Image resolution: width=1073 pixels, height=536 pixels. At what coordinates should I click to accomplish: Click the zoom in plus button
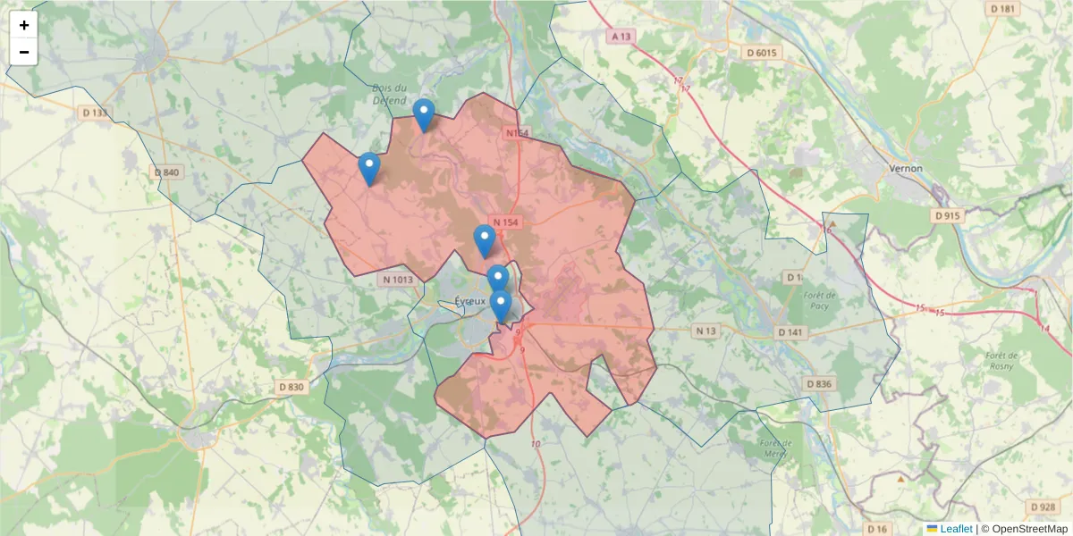click(24, 26)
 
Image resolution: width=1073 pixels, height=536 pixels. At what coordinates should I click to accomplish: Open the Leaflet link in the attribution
click(955, 529)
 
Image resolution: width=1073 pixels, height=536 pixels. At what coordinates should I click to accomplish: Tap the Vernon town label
click(906, 168)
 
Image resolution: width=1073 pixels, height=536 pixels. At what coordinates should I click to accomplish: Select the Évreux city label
click(469, 301)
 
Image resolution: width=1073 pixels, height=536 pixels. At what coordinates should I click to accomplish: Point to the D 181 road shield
click(1003, 9)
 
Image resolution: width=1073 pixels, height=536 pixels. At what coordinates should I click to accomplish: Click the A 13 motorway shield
click(621, 37)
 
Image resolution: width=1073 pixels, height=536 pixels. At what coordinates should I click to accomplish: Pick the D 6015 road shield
click(763, 53)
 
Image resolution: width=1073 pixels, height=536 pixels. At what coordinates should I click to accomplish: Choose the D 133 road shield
click(94, 113)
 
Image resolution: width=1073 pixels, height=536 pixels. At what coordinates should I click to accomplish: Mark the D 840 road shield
click(166, 172)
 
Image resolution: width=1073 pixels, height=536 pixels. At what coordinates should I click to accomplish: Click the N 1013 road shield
click(398, 280)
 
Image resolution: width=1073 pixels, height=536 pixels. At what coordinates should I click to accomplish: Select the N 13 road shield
click(706, 331)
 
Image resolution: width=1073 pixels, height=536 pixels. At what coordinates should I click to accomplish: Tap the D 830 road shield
click(291, 387)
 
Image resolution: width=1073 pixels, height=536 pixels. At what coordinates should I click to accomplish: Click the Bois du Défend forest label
click(390, 94)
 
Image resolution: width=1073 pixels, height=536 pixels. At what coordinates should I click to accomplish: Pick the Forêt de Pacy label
click(819, 301)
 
